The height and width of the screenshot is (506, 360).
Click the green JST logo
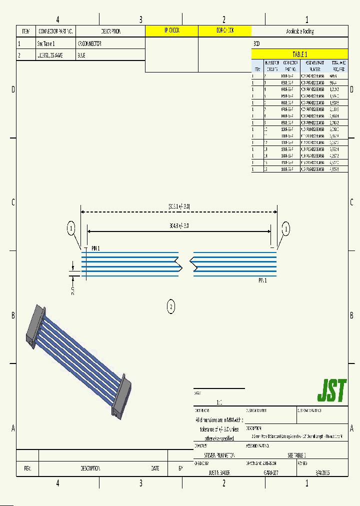point(331,390)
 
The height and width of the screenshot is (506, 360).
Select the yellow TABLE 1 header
point(299,54)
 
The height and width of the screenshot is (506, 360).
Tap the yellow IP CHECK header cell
point(171,31)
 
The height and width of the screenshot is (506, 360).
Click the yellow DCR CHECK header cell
point(224,31)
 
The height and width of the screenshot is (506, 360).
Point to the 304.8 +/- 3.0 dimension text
point(179,225)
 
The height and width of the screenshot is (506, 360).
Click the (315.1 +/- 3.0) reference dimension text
point(179,206)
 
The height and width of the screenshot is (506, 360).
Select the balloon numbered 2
point(171,306)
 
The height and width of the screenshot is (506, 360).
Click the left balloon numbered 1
point(71,229)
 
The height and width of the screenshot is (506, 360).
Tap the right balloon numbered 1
point(286,229)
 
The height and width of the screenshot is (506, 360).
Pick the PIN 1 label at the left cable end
point(95,248)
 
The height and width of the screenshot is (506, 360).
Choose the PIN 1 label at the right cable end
point(262,280)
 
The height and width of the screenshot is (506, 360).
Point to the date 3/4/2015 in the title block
point(322,472)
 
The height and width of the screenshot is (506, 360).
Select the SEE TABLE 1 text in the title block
point(296,455)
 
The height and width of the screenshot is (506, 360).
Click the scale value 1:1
point(219,401)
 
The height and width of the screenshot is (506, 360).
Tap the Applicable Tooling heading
point(299,31)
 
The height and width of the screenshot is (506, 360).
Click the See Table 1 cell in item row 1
point(46,43)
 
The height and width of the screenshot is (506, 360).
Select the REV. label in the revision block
point(27,468)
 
